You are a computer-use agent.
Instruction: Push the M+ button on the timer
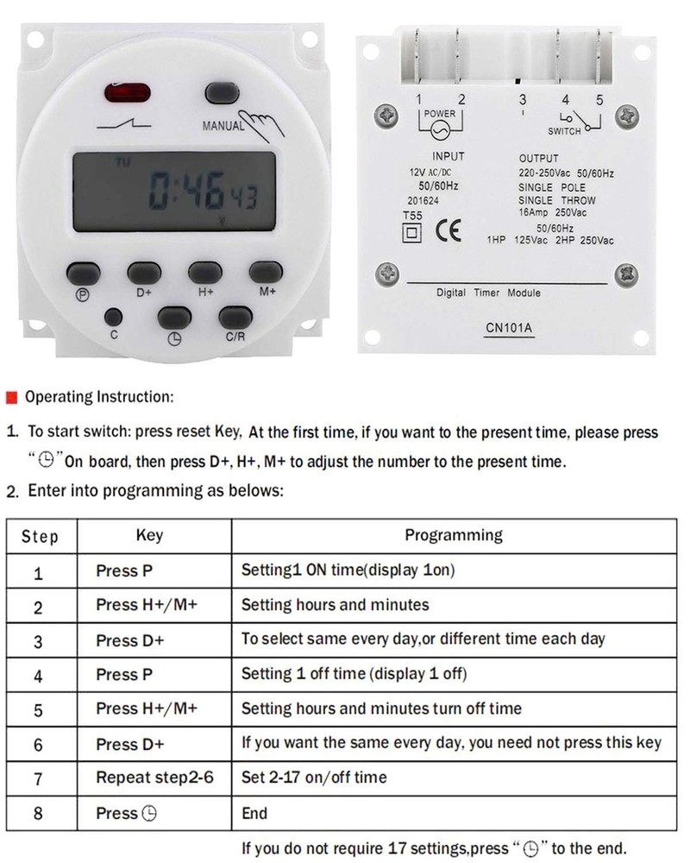click(x=266, y=272)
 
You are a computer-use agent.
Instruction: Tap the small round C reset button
click(x=113, y=317)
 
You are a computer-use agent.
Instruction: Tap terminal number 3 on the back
click(x=522, y=101)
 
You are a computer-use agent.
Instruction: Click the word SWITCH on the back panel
click(x=566, y=131)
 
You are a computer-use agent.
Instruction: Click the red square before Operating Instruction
click(x=11, y=398)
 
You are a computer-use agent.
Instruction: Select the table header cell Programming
click(x=454, y=535)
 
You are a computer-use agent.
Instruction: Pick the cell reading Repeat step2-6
click(x=154, y=778)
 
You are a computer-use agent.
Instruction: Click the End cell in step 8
click(x=255, y=813)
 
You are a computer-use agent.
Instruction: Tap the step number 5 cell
click(x=38, y=710)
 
